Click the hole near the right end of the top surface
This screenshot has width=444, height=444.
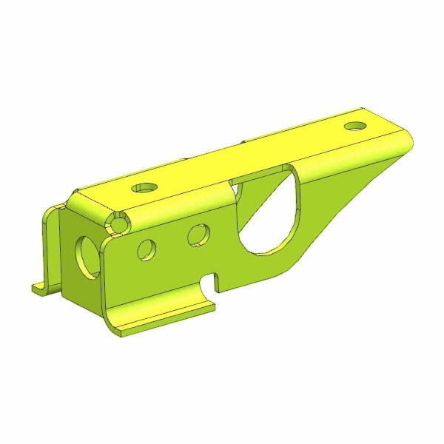tap(356, 126)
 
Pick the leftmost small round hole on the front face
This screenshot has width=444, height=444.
tap(147, 249)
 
